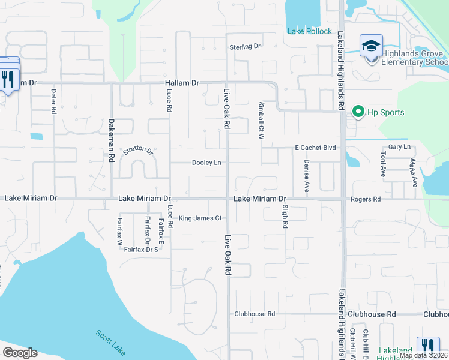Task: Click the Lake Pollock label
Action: tap(309, 31)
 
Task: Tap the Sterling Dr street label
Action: tap(244, 46)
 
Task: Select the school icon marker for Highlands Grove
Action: tap(371, 46)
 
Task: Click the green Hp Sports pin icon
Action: tap(358, 112)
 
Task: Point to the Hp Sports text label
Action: tap(386, 112)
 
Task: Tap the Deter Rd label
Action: tap(53, 101)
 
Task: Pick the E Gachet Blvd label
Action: tap(315, 148)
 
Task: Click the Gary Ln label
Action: tap(399, 147)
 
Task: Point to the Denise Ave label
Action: tap(306, 176)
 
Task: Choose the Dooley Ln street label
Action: tap(206, 163)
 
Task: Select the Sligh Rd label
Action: tap(285, 216)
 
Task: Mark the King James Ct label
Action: tap(200, 218)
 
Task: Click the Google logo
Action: tap(20, 353)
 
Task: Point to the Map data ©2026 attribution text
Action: tap(423, 355)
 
